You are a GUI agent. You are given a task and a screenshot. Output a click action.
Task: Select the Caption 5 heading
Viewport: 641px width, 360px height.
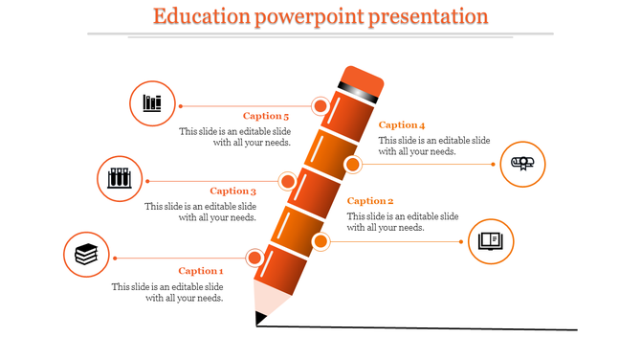pyautogui.click(x=266, y=117)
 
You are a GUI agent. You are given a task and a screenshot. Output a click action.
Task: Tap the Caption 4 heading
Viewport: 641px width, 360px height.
pyautogui.click(x=402, y=125)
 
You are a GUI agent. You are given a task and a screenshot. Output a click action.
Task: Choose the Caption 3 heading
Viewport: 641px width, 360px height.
pyautogui.click(x=233, y=191)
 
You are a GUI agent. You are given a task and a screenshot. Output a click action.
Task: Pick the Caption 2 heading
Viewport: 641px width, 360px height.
pyautogui.click(x=370, y=201)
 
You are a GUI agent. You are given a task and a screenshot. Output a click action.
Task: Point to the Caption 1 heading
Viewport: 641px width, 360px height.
pyautogui.click(x=201, y=271)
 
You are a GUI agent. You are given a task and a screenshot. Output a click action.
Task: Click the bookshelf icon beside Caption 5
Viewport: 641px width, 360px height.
pyautogui.click(x=152, y=102)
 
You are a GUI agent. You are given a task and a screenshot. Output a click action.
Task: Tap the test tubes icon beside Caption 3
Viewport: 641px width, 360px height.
pyautogui.click(x=120, y=178)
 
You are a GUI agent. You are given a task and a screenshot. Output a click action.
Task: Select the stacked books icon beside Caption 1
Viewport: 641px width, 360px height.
pyautogui.click(x=86, y=255)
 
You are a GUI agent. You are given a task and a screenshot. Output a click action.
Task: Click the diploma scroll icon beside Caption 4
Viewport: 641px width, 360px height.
pyautogui.click(x=523, y=164)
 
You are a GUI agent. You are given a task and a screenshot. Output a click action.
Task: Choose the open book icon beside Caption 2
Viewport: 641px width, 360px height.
pyautogui.click(x=491, y=239)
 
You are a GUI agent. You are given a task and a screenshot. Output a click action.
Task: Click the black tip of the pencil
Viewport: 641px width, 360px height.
pyautogui.click(x=259, y=317)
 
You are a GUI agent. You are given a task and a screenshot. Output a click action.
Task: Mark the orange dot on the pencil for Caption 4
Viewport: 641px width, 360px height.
pyautogui.click(x=352, y=166)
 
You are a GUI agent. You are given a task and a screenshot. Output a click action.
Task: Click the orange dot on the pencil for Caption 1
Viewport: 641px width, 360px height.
pyautogui.click(x=254, y=258)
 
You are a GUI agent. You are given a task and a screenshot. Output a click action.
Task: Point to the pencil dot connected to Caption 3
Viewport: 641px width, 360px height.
pyautogui.click(x=287, y=181)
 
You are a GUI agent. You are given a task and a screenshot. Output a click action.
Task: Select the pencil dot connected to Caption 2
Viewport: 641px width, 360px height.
pyautogui.click(x=320, y=241)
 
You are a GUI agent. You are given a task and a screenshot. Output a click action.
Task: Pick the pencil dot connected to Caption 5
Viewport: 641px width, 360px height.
pyautogui.click(x=320, y=105)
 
